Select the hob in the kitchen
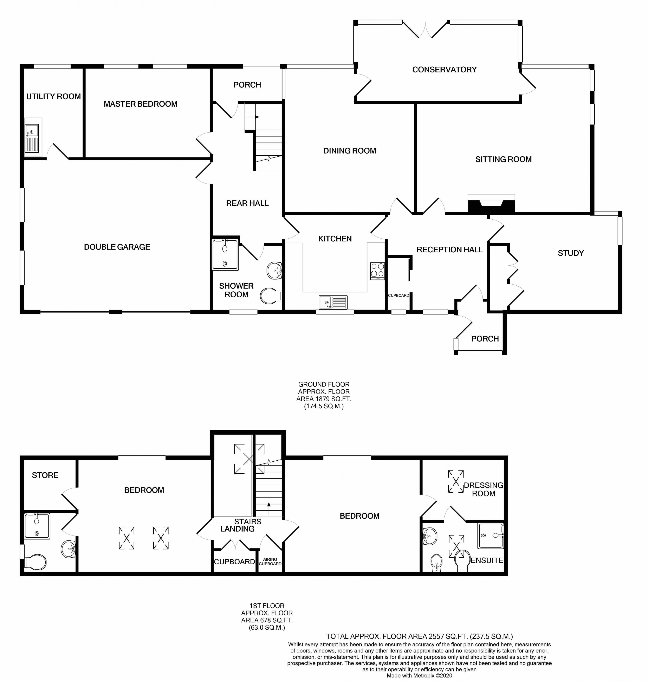click(x=377, y=271)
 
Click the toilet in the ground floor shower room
click(x=271, y=296)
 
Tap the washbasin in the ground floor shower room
click(x=275, y=270)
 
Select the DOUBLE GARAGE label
click(x=117, y=247)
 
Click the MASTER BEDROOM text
click(x=140, y=104)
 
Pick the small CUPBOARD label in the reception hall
click(x=398, y=296)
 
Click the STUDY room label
click(x=570, y=253)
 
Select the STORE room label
click(x=45, y=475)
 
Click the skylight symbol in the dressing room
click(x=456, y=481)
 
